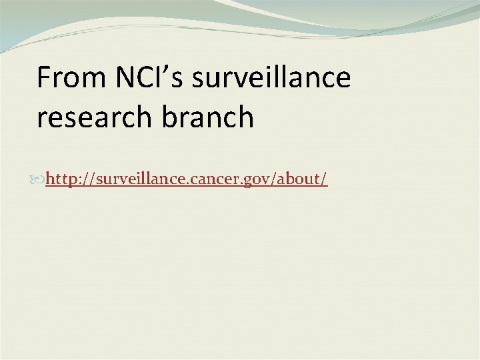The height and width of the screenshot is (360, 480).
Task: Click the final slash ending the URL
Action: tap(324, 179)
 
